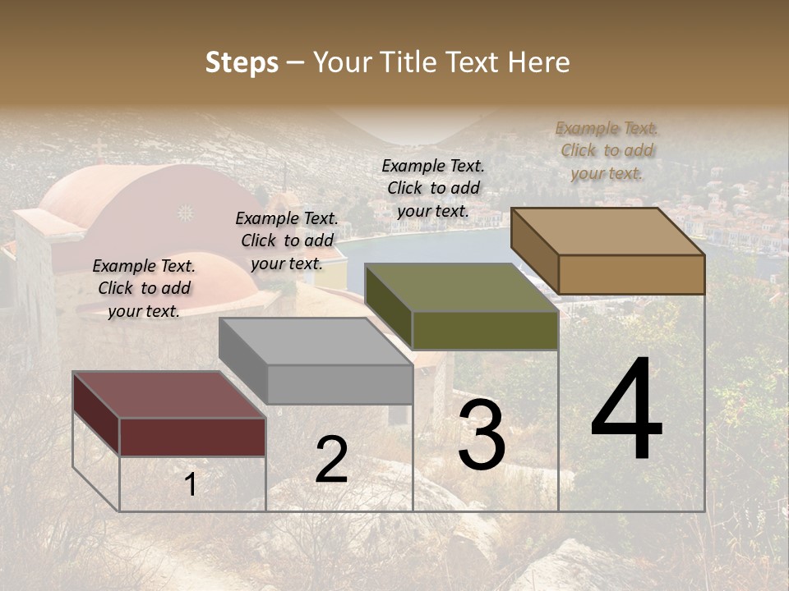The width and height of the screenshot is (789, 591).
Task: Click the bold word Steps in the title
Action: pyautogui.click(x=242, y=62)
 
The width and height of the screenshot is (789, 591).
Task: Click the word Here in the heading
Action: pyautogui.click(x=538, y=62)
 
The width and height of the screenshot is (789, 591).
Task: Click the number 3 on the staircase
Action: pyautogui.click(x=482, y=435)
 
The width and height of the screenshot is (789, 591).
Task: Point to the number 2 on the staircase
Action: pyautogui.click(x=331, y=460)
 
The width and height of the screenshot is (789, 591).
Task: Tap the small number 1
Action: pyautogui.click(x=191, y=485)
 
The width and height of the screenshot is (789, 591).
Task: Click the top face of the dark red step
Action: pyautogui.click(x=168, y=395)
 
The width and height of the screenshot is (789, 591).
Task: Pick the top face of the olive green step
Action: pyautogui.click(x=461, y=287)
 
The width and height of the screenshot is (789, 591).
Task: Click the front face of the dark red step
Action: pyautogui.click(x=192, y=437)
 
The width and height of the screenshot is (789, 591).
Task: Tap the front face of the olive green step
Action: pyautogui.click(x=485, y=330)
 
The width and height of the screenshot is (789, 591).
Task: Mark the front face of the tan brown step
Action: pyautogui.click(x=631, y=274)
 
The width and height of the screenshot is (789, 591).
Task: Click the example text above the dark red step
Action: pyautogui.click(x=144, y=288)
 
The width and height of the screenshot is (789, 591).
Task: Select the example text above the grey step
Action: pyautogui.click(x=287, y=241)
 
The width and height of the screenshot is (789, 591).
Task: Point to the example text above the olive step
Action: pyautogui.click(x=433, y=188)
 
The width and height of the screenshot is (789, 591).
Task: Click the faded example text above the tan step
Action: pyautogui.click(x=607, y=150)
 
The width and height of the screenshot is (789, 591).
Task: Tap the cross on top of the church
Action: pyautogui.click(x=99, y=149)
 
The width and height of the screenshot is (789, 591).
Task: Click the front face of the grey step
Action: pyautogui.click(x=339, y=384)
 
